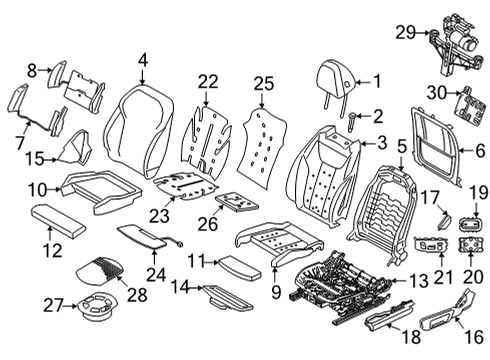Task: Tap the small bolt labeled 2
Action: click(x=353, y=122)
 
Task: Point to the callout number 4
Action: click(x=142, y=61)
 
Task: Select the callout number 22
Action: click(x=207, y=81)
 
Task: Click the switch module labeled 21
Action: click(x=433, y=245)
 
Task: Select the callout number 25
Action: click(x=263, y=81)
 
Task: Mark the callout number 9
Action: click(x=275, y=292)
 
